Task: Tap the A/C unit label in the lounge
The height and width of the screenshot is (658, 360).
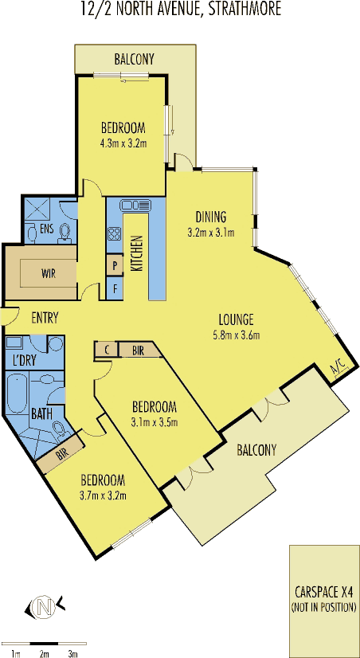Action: click(338, 370)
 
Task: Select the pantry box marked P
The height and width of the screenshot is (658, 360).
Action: click(115, 264)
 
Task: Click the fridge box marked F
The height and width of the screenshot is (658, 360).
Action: click(115, 288)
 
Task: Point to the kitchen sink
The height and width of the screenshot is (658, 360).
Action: click(135, 206)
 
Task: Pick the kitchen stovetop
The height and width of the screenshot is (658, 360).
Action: click(114, 233)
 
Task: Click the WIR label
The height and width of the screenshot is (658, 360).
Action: click(49, 273)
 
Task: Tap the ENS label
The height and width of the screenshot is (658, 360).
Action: click(46, 228)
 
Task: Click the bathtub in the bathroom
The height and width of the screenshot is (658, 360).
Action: click(18, 394)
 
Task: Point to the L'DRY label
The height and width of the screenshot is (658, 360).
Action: click(21, 359)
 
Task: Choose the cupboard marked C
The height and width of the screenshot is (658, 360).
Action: click(107, 350)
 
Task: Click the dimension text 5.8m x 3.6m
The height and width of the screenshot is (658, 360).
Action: click(237, 335)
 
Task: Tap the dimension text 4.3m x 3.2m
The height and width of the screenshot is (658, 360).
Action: click(123, 143)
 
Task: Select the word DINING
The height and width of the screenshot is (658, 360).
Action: click(211, 217)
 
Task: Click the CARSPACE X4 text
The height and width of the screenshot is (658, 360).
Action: click(323, 593)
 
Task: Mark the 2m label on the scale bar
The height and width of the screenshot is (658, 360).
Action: click(45, 653)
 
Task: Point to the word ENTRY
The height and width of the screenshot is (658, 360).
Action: click(45, 318)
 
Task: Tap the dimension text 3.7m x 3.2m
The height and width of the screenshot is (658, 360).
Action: click(104, 495)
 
